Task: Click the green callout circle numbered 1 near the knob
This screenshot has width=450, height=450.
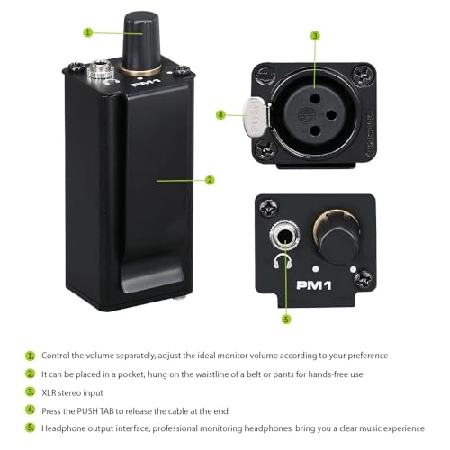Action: [88, 32]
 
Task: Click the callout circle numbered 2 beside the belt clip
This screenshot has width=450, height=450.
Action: [210, 180]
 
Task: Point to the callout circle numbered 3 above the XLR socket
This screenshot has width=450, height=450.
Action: [315, 36]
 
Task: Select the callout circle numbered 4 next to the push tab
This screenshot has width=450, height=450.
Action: [220, 115]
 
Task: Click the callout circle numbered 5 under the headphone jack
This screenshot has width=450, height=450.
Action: [286, 319]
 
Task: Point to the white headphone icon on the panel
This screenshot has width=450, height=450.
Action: [281, 264]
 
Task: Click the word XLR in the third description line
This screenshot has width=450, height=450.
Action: [52, 392]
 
